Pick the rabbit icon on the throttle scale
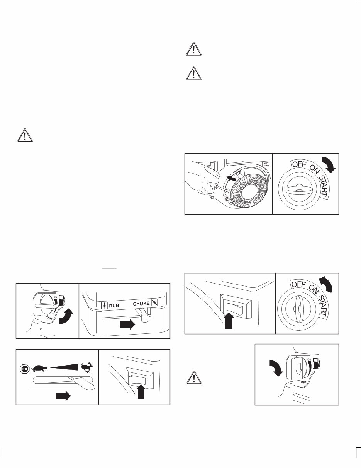pos(86,366)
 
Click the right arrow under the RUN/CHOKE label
pos(128,325)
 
